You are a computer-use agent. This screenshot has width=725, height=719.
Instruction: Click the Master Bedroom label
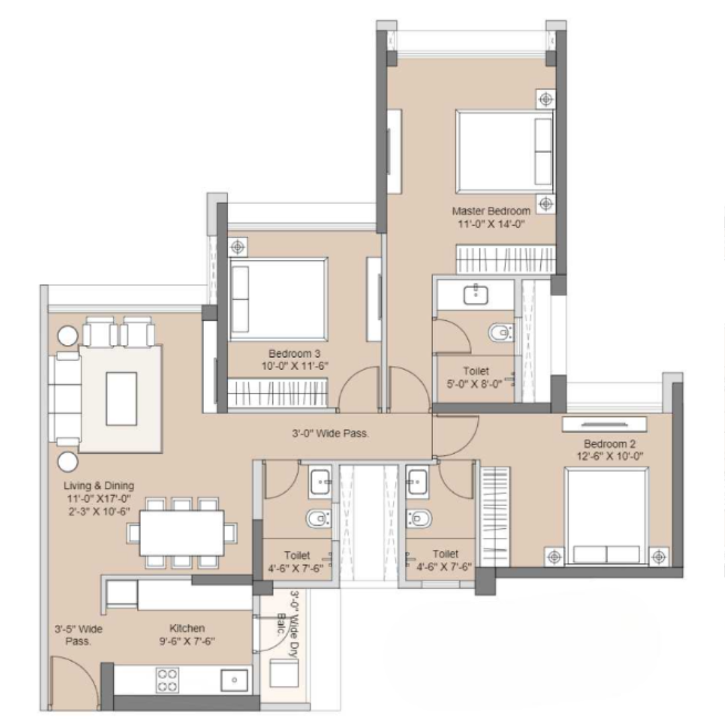[x=491, y=211]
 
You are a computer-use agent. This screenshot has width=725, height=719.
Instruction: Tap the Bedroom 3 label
[x=294, y=354]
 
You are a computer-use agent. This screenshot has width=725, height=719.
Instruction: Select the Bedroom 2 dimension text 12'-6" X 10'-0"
[x=610, y=457]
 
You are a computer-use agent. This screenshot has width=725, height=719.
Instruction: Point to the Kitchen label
[x=187, y=628]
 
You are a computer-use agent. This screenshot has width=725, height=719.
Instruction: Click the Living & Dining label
[x=99, y=485]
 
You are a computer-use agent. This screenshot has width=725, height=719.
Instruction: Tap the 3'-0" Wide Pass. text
[x=330, y=434]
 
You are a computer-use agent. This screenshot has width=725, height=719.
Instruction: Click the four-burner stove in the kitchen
[x=167, y=680]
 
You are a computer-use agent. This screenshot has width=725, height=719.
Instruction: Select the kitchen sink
[x=234, y=679]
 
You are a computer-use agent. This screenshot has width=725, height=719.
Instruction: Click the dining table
[x=182, y=532]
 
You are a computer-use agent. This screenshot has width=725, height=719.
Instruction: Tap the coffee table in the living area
[x=121, y=399]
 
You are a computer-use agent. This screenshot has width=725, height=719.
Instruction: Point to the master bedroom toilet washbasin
[x=476, y=295]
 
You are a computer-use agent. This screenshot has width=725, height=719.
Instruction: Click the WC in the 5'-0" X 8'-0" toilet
[x=501, y=332]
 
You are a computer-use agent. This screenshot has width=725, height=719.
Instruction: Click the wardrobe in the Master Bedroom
[x=505, y=258]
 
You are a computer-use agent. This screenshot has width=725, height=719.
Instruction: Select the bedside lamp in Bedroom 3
[x=238, y=247]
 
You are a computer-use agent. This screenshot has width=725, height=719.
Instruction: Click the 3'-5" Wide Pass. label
[x=78, y=635]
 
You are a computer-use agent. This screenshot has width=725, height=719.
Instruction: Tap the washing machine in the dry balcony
[x=284, y=673]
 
